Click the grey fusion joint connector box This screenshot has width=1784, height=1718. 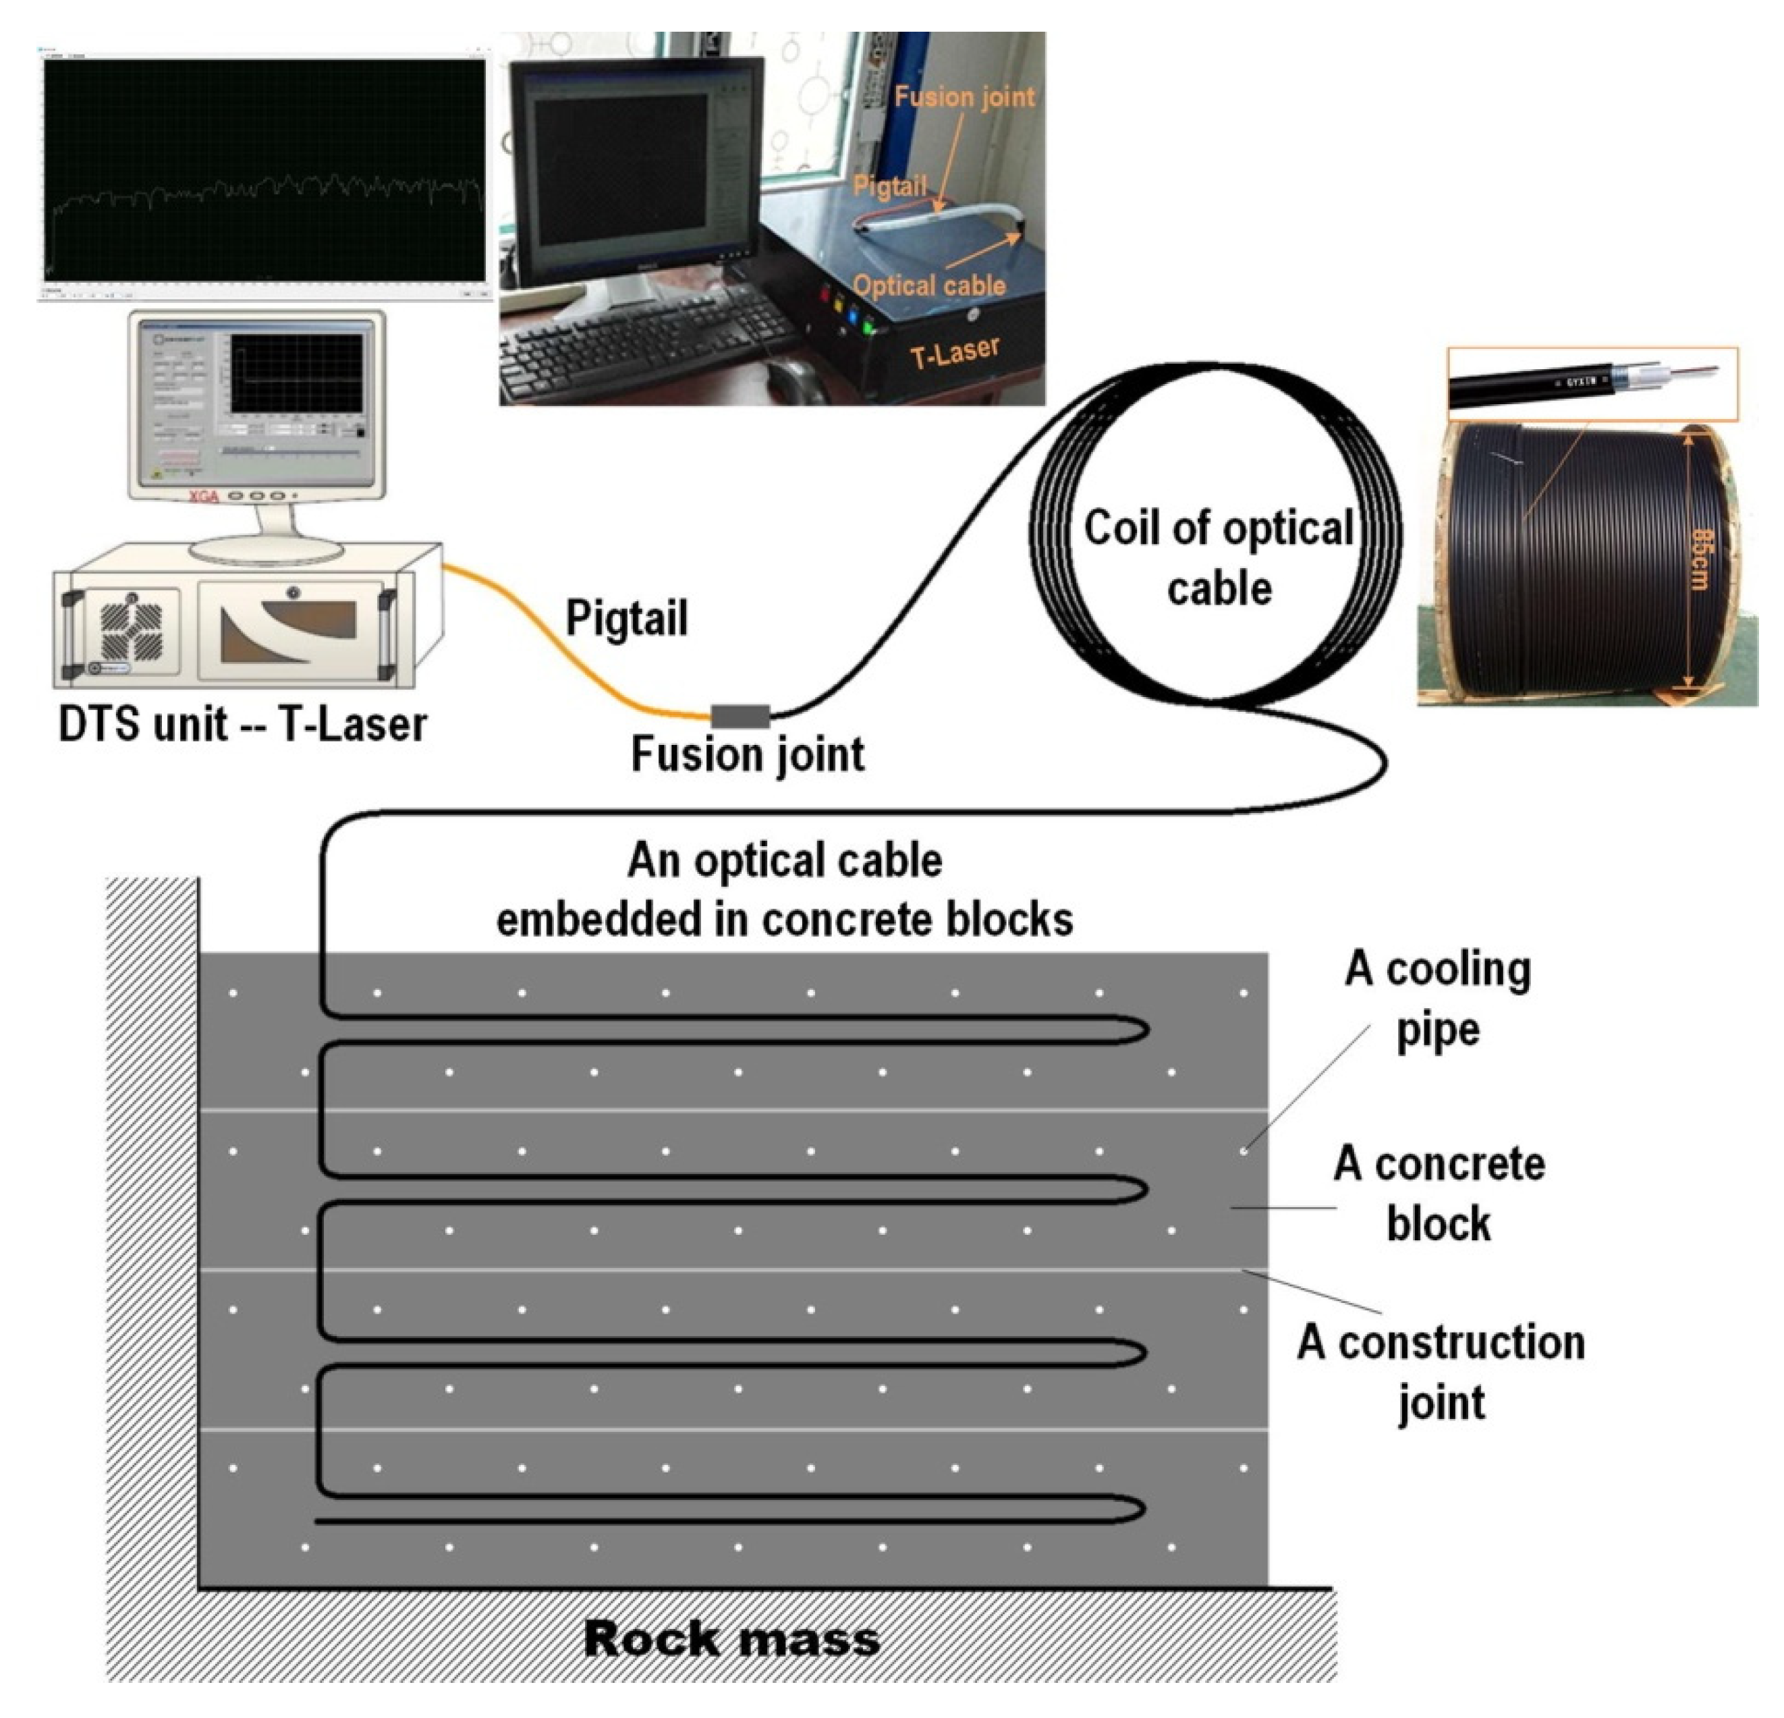pyautogui.click(x=739, y=717)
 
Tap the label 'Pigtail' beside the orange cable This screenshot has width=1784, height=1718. pyautogui.click(x=626, y=618)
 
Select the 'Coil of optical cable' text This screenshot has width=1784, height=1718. pyautogui.click(x=1219, y=557)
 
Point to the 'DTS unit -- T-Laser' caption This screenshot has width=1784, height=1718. pyautogui.click(x=242, y=724)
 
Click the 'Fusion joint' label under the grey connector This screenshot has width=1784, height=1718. pyautogui.click(x=748, y=754)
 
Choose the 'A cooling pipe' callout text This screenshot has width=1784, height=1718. pyautogui.click(x=1438, y=999)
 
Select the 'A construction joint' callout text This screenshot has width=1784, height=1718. pyautogui.click(x=1441, y=1371)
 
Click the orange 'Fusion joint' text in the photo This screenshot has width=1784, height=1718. pyautogui.click(x=964, y=97)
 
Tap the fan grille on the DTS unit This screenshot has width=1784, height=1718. pyautogui.click(x=130, y=630)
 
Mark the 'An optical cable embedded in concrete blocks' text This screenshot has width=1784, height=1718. pyautogui.click(x=785, y=889)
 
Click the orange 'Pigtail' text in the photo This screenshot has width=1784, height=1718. pyautogui.click(x=889, y=187)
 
